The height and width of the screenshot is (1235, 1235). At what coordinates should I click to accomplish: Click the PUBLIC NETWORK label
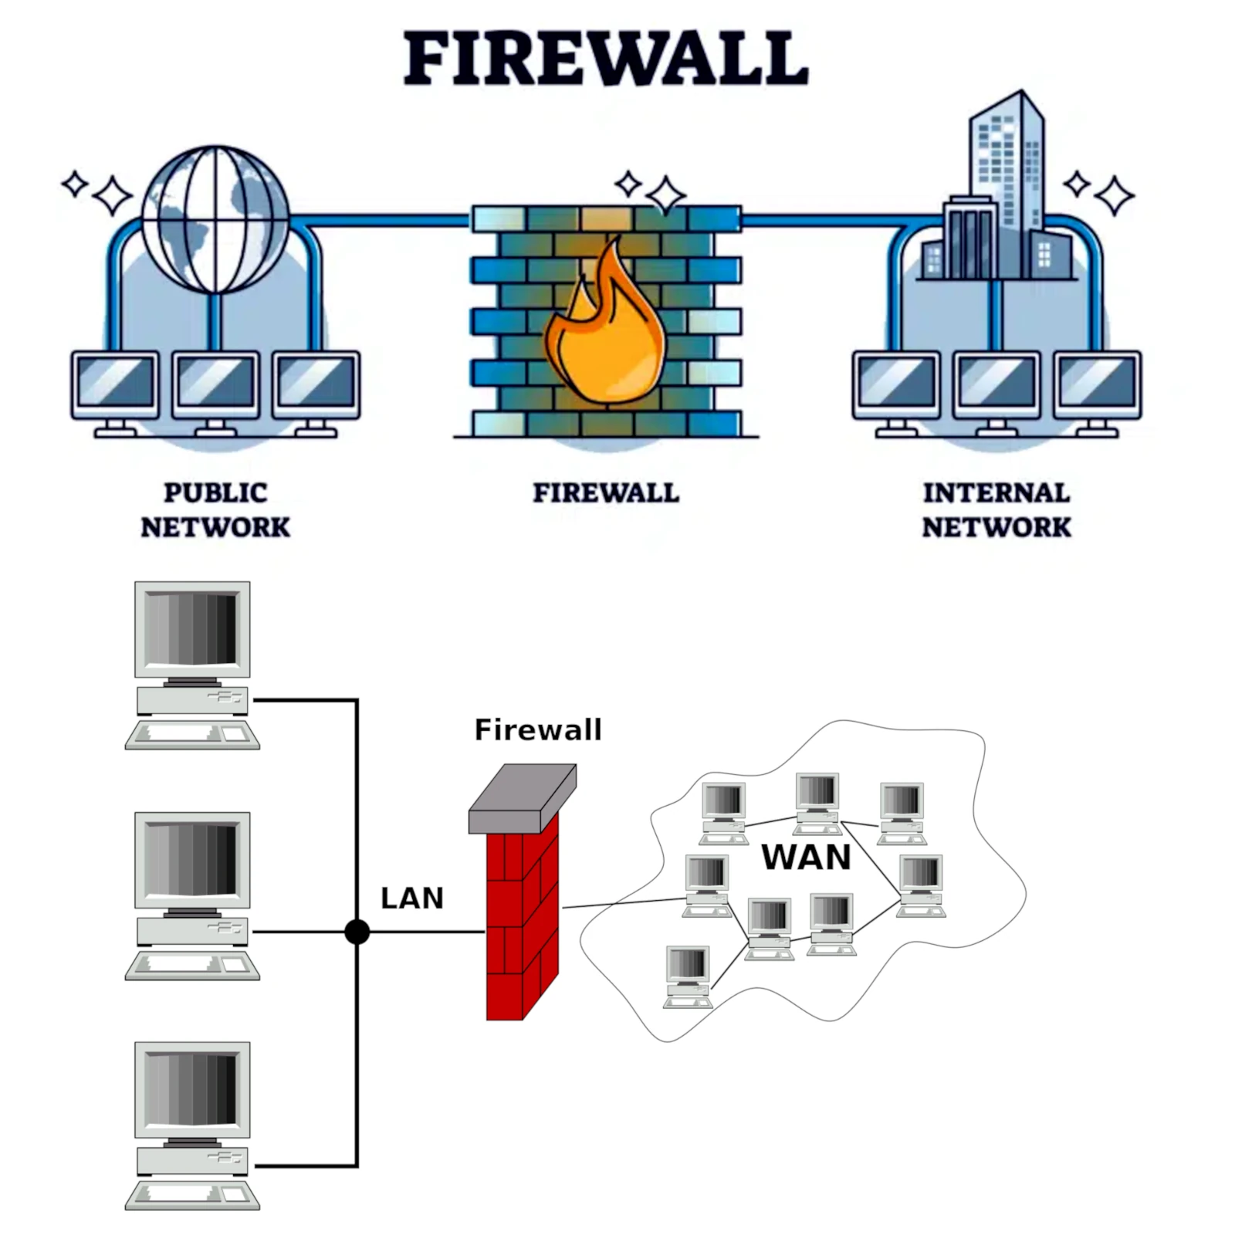pyautogui.click(x=215, y=509)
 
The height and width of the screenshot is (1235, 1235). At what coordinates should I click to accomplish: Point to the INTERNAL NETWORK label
pyautogui.click(x=996, y=509)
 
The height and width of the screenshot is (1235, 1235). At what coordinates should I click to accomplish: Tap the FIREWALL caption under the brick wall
pyautogui.click(x=606, y=492)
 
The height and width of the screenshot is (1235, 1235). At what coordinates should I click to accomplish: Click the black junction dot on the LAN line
pyautogui.click(x=357, y=932)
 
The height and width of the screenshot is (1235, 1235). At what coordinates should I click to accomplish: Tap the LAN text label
pyautogui.click(x=411, y=898)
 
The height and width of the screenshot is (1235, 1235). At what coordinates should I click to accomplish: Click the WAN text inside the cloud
pyautogui.click(x=805, y=857)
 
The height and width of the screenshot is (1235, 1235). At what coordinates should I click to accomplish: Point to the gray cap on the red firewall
pyautogui.click(x=522, y=799)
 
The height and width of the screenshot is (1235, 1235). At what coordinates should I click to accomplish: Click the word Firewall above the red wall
pyautogui.click(x=537, y=729)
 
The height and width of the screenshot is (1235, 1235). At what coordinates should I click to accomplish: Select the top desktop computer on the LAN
pyautogui.click(x=192, y=664)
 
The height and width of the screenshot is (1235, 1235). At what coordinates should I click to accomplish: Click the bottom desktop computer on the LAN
pyautogui.click(x=192, y=1123)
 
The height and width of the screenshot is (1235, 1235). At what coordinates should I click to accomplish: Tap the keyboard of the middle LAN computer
pyautogui.click(x=192, y=965)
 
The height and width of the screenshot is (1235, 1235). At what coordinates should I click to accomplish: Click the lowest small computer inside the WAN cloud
pyautogui.click(x=688, y=976)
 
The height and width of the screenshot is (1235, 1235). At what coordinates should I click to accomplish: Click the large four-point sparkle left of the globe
pyautogui.click(x=113, y=195)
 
